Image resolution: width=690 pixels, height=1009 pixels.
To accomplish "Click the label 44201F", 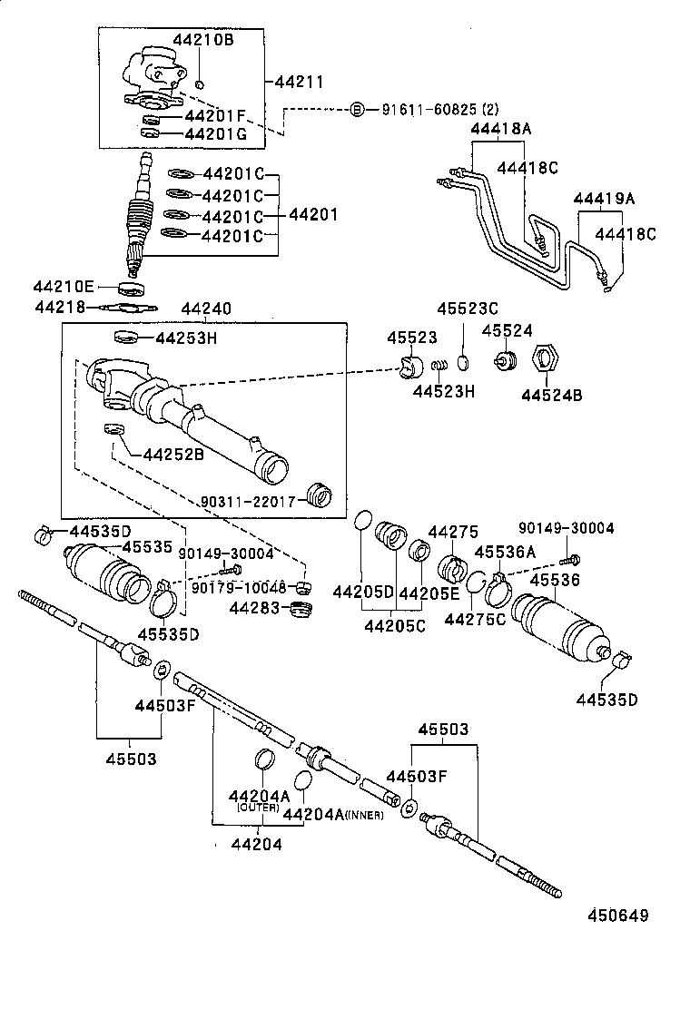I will (x=215, y=116).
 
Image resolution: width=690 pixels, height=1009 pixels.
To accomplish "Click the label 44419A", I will (x=603, y=199).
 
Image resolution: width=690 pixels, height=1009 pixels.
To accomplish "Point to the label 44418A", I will (x=500, y=129).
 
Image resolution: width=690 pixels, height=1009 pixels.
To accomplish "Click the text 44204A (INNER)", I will (x=332, y=814).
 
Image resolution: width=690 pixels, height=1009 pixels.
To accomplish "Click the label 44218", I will (x=59, y=308).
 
